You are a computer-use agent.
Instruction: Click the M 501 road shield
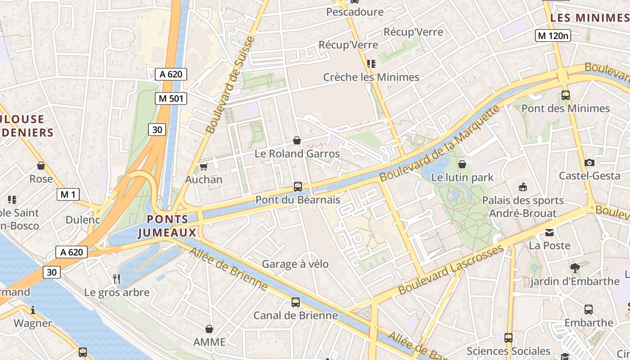tap(171, 99)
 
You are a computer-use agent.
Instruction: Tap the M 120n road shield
tap(553, 36)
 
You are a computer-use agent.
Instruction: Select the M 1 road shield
tap(68, 194)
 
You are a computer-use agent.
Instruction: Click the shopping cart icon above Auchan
tap(203, 167)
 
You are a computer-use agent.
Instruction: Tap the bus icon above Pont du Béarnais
tap(297, 186)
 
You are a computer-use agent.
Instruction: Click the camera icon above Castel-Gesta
tap(589, 162)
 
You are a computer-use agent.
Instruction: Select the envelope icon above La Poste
tap(549, 233)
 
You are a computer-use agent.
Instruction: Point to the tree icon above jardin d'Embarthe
tap(575, 268)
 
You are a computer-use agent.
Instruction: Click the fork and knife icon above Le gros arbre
tap(117, 279)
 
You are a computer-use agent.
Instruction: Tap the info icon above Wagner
tap(33, 310)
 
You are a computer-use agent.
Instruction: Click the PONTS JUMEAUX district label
tap(167, 226)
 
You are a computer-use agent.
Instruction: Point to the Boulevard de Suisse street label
tap(230, 85)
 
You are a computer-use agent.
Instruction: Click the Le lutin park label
tap(462, 177)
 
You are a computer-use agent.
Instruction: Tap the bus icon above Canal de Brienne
tap(296, 302)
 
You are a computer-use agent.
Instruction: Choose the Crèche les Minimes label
tap(371, 77)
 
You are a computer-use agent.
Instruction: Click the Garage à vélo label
tap(295, 264)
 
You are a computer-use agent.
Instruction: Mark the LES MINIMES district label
tap(589, 18)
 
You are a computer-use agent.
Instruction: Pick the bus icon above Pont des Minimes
tap(566, 95)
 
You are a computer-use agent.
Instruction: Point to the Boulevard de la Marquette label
tap(441, 144)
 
